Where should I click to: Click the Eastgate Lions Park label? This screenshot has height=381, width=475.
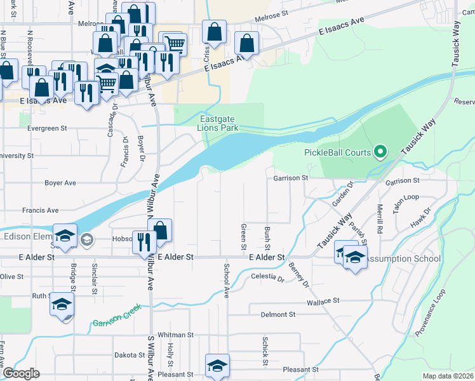pos(219,123)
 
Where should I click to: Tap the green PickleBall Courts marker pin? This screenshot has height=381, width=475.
pos(380,152)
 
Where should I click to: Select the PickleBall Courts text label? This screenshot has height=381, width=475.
pos(337,152)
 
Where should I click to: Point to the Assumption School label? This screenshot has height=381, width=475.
pos(403,258)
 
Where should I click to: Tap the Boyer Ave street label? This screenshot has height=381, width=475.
pos(60,183)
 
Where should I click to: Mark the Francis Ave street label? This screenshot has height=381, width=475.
pos(40,210)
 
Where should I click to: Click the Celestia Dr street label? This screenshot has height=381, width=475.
pos(267,278)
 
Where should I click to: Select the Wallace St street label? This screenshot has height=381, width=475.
pos(324,300)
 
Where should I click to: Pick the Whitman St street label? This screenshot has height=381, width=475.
pos(175,335)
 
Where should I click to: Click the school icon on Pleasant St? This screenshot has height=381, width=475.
pos(217,365)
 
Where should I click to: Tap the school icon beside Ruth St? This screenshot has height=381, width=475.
pos(62,304)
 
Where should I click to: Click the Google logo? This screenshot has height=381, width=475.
pos(22,373)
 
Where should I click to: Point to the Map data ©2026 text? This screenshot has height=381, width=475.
pos(448,375)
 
